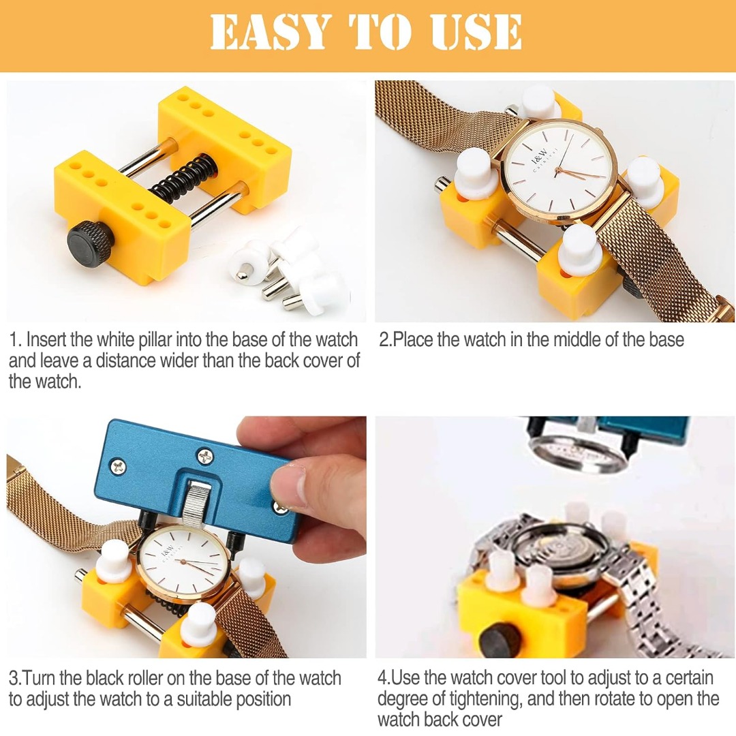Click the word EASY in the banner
point(270,31)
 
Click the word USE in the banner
point(476,31)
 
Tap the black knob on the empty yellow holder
point(90,243)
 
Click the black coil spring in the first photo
point(184,179)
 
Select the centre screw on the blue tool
point(205,456)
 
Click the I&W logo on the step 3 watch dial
point(168,550)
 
